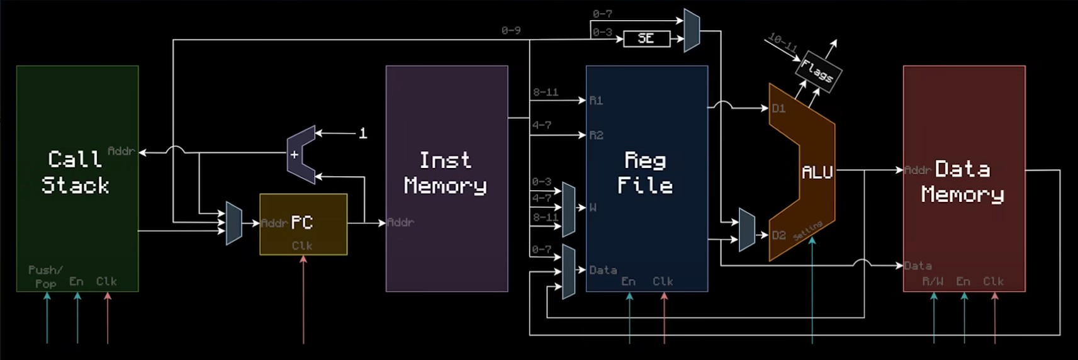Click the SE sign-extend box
(646, 39)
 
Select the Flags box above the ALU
(817, 72)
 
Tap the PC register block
(303, 224)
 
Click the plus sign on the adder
(294, 155)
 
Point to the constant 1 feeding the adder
(362, 133)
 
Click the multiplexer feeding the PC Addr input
(233, 223)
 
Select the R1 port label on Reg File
(595, 101)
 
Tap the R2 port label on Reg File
(595, 135)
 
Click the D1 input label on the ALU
(778, 109)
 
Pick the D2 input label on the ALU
(778, 235)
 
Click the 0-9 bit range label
(510, 30)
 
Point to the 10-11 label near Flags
(783, 43)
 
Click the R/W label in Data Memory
(933, 281)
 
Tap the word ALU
(817, 172)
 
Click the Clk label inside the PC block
(302, 245)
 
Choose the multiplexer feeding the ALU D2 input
(746, 230)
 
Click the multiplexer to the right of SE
(692, 30)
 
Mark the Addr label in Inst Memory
(401, 222)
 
